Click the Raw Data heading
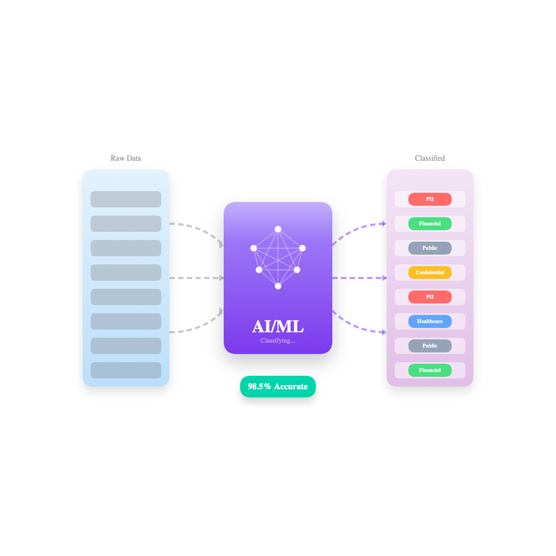pyautogui.click(x=125, y=158)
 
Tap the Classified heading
pyautogui.click(x=429, y=158)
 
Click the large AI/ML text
pyautogui.click(x=277, y=326)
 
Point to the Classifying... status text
pyautogui.click(x=277, y=340)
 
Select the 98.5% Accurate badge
pyautogui.click(x=277, y=387)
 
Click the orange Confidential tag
pyautogui.click(x=429, y=273)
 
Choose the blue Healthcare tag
pyautogui.click(x=429, y=321)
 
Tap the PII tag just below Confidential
pyautogui.click(x=429, y=297)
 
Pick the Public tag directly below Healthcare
pyautogui.click(x=429, y=346)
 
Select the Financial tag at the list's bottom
pyautogui.click(x=429, y=370)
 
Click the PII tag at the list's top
pyautogui.click(x=429, y=199)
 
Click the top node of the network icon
pyautogui.click(x=278, y=229)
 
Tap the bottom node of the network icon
pyautogui.click(x=278, y=286)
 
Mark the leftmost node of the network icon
pyautogui.click(x=254, y=248)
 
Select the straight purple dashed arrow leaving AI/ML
pyautogui.click(x=359, y=278)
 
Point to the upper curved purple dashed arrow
pyautogui.click(x=356, y=228)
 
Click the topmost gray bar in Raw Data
pyautogui.click(x=126, y=199)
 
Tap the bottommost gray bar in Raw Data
pyautogui.click(x=126, y=370)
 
